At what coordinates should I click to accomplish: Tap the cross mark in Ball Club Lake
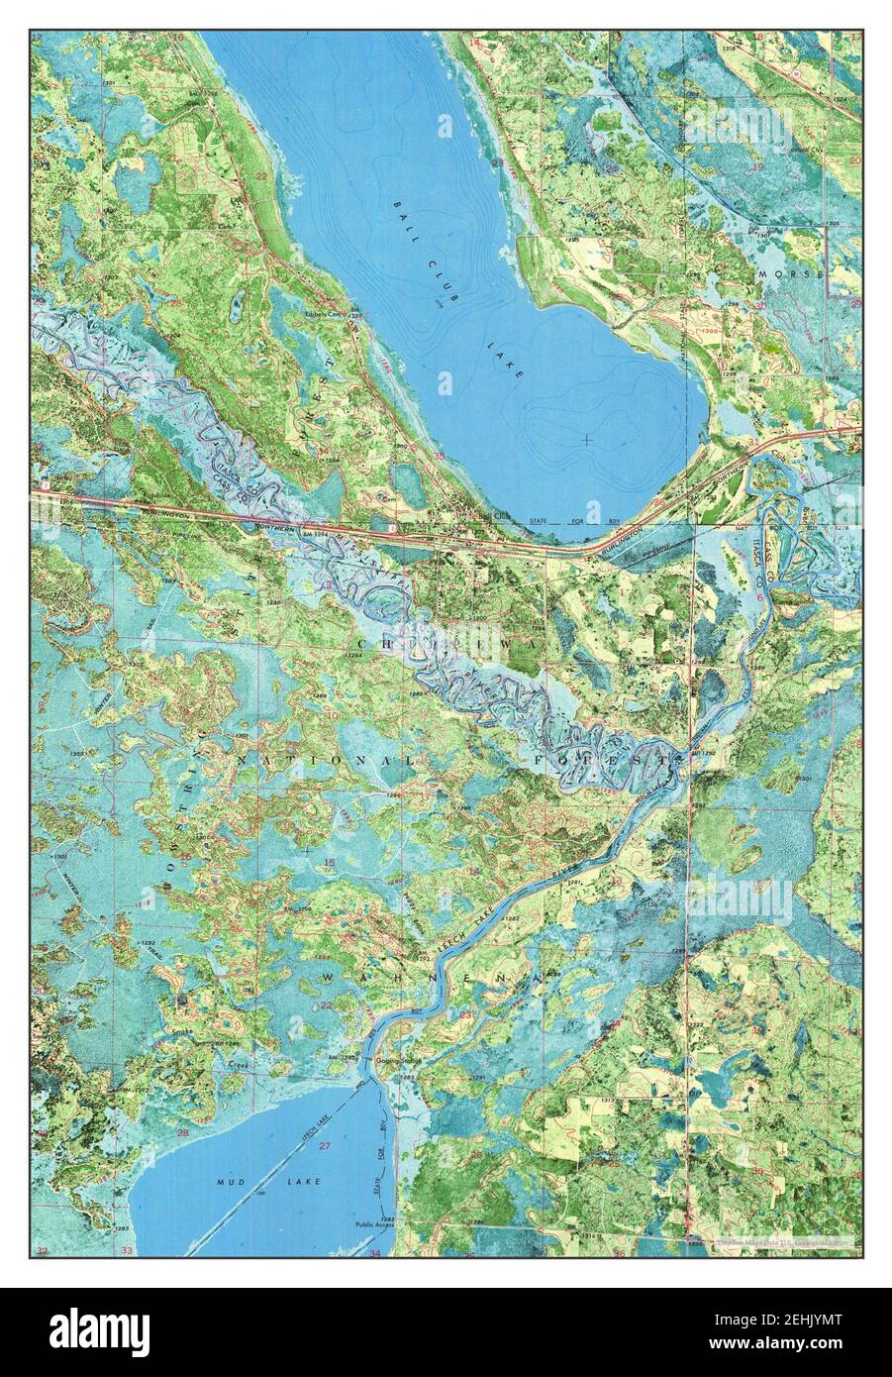(x=587, y=438)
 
